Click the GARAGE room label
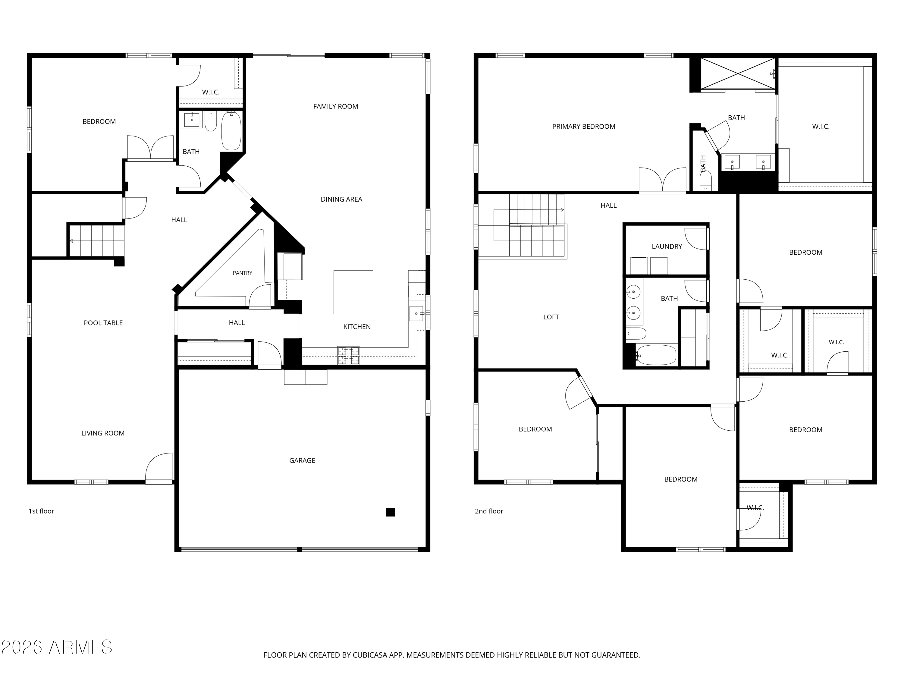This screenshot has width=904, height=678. point(302,460)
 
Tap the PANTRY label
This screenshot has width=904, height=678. point(242,273)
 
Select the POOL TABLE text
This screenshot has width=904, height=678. point(103,323)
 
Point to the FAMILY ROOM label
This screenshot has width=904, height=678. point(335,106)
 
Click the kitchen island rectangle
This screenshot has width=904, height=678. point(353,292)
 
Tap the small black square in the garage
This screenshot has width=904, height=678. point(390,512)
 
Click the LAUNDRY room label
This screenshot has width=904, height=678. point(667,246)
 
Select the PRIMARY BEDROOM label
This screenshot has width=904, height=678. point(584,127)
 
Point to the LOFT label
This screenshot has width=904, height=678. point(551,317)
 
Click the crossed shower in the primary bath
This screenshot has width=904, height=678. point(738,73)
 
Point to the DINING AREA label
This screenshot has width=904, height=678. point(341,199)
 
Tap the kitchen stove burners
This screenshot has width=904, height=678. point(349,355)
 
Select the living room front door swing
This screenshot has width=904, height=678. point(159,468)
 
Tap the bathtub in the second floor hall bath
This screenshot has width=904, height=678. point(657,355)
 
